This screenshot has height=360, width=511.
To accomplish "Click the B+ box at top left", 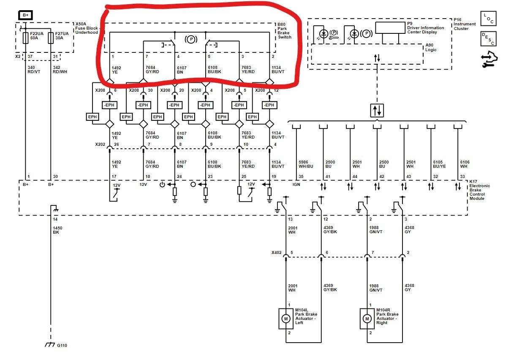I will point(25,15).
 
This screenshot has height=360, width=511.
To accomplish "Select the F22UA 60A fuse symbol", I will point(25,38).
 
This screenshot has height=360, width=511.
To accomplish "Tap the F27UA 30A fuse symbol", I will point(51,38).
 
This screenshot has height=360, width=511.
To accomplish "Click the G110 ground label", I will point(62,346).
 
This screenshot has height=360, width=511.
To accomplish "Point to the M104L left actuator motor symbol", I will point(286,318).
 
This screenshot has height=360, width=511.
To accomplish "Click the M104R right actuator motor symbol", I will point(367,318).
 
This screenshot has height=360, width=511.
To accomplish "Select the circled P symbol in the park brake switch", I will point(190,39).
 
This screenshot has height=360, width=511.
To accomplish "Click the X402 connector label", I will point(277,254).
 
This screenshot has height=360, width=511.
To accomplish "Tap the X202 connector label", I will point(100,144).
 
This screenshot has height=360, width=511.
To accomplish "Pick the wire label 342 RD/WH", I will point(59,69).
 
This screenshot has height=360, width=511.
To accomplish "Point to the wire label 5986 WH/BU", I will point(306,164).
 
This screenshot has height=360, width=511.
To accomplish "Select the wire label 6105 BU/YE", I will point(439,164).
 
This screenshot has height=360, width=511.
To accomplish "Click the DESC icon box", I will point(488,38).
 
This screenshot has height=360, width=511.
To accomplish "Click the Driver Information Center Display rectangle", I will point(390,28).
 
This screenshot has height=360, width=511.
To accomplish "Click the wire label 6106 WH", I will point(465,164).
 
